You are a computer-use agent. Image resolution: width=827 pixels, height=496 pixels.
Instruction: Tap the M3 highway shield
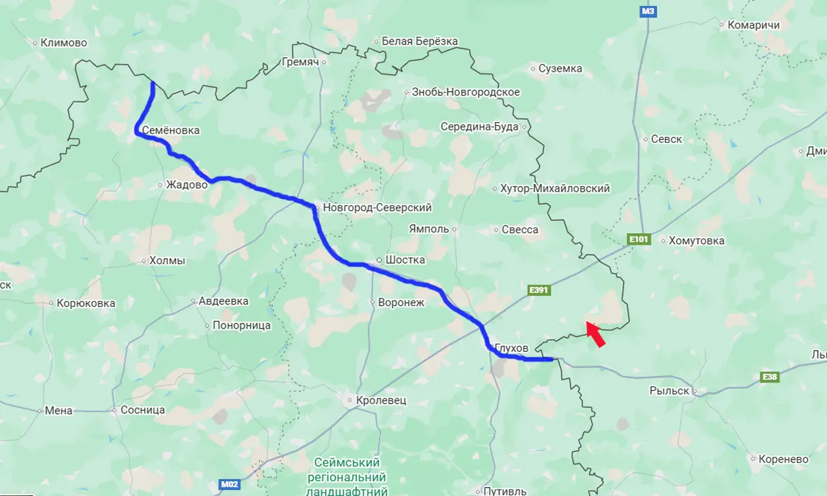tap(648, 11)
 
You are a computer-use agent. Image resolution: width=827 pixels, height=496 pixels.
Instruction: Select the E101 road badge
tap(638, 240)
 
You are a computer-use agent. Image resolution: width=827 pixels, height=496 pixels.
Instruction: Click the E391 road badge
tap(538, 290)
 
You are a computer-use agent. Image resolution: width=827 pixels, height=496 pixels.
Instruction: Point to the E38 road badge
tap(769, 377)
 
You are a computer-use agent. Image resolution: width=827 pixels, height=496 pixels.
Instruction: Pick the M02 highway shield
tap(228, 484)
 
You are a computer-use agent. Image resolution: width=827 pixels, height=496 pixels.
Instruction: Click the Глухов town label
tap(511, 348)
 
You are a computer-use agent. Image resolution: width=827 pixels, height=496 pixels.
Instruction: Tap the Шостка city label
tap(405, 260)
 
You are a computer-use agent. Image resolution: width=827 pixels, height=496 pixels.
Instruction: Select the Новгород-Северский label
tap(377, 207)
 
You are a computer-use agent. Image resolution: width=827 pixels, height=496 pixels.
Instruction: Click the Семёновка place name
tap(171, 130)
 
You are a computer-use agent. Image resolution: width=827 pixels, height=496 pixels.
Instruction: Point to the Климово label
tap(63, 43)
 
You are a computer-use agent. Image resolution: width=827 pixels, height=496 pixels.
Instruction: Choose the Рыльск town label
tap(671, 390)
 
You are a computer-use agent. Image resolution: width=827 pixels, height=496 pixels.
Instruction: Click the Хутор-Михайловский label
tap(555, 189)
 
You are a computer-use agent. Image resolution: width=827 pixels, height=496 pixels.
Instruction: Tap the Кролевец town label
tap(381, 400)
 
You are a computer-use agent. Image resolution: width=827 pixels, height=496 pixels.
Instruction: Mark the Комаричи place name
tap(753, 25)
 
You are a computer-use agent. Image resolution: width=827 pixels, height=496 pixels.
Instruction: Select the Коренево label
tap(784, 459)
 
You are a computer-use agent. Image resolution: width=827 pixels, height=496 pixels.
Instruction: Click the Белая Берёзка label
tap(419, 41)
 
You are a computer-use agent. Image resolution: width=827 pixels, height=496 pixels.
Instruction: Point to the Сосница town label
tap(143, 410)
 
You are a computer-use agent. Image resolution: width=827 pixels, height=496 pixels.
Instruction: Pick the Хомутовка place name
tap(696, 241)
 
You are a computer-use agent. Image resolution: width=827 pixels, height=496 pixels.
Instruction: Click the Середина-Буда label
tap(479, 127)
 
